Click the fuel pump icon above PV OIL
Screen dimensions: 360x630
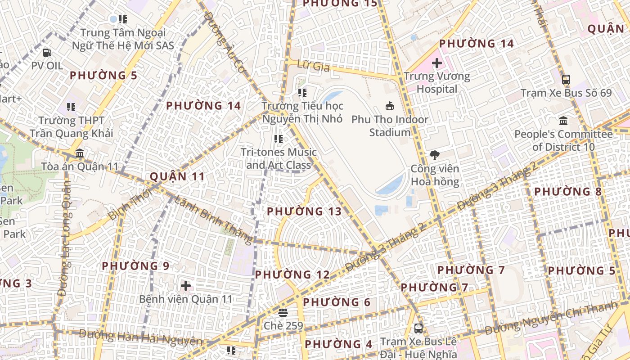[47, 53]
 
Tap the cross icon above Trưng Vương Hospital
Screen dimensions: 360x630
[436, 63]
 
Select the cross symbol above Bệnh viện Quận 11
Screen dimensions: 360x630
[185, 286]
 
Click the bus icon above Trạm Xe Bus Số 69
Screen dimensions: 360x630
[566, 80]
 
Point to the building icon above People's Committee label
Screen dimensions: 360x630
[563, 121]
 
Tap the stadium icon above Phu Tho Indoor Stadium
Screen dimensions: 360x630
[390, 106]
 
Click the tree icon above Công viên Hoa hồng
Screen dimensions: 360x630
[435, 156]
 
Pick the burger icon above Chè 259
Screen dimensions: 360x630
[283, 312]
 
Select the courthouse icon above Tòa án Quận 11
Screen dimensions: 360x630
[80, 153]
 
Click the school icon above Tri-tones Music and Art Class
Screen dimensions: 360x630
[278, 139]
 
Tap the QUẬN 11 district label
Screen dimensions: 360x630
[177, 176]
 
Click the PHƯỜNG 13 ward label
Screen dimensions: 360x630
[304, 211]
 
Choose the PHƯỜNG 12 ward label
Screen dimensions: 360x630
[292, 274]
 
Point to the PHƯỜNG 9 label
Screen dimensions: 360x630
[135, 266]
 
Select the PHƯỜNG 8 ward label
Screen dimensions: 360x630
[567, 192]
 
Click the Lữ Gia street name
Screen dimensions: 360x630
[314, 67]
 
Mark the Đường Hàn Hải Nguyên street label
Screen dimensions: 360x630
[140, 337]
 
